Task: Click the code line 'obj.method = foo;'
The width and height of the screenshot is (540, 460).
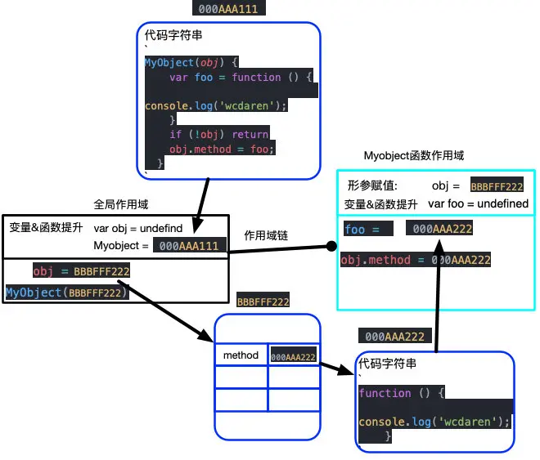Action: coord(222,149)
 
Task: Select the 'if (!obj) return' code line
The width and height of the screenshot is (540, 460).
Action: coord(218,134)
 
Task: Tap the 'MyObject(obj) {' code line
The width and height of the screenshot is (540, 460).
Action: coord(191,63)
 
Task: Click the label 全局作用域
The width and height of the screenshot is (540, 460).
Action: coord(122,203)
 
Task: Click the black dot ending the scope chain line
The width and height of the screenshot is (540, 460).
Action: coord(332,246)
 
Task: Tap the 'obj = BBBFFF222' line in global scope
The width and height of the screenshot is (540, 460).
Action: coord(81,271)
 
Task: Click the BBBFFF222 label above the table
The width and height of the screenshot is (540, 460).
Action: coord(263,301)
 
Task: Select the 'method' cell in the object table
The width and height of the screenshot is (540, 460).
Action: coord(241,355)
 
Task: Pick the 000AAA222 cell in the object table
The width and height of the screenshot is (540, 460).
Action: coord(293,356)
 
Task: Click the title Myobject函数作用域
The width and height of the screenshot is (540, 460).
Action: coord(414,155)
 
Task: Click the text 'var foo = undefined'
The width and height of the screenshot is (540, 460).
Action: coord(478,203)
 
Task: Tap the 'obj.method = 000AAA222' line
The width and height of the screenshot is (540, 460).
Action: coord(415,260)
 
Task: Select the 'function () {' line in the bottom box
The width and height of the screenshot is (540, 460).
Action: coord(401,393)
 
